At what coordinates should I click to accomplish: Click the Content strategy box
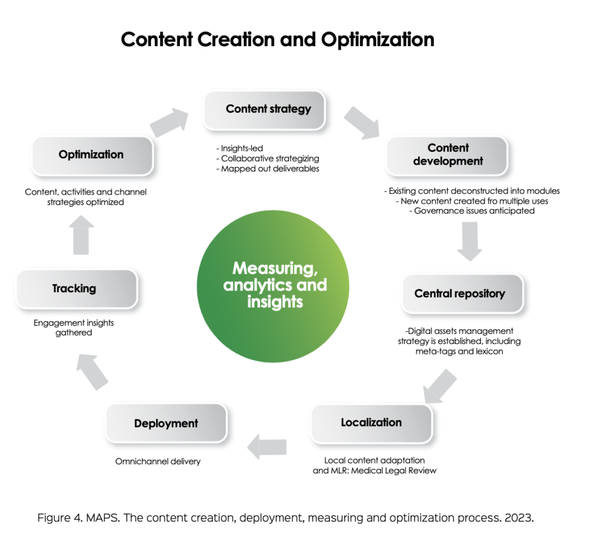pos(268,109)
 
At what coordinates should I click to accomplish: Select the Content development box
pos(448,155)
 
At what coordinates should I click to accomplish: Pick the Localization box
pos(371,423)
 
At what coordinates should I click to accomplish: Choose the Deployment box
pos(166,424)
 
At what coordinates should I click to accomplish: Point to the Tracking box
pos(74,289)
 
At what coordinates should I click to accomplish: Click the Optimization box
pos(91,155)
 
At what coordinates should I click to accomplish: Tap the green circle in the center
pos(274,286)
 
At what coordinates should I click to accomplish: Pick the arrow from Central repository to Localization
pos(439,386)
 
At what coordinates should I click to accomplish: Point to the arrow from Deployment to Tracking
pos(93,372)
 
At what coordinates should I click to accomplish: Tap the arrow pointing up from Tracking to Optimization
pos(81,235)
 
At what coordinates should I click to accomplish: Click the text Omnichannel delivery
pos(158,461)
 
